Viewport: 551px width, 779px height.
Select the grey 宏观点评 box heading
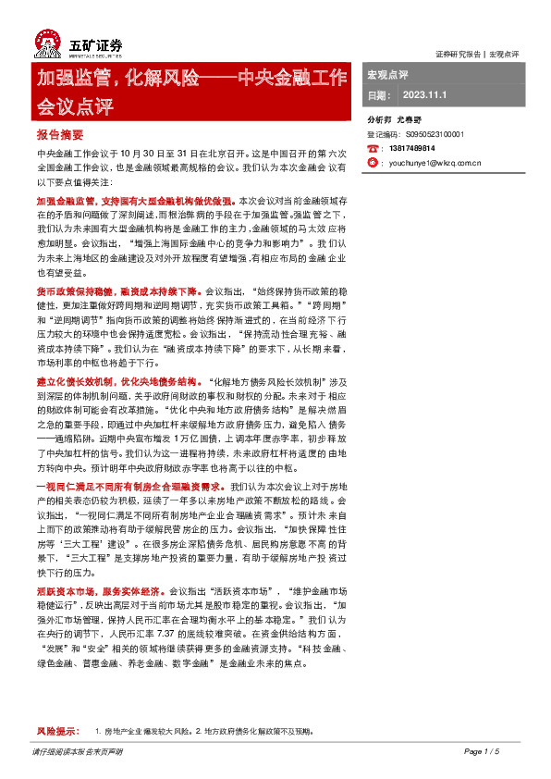(387, 74)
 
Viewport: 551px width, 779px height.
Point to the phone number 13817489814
(415, 148)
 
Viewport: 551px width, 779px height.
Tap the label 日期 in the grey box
(379, 94)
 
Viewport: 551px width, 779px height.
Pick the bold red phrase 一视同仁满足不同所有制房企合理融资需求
(129, 486)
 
